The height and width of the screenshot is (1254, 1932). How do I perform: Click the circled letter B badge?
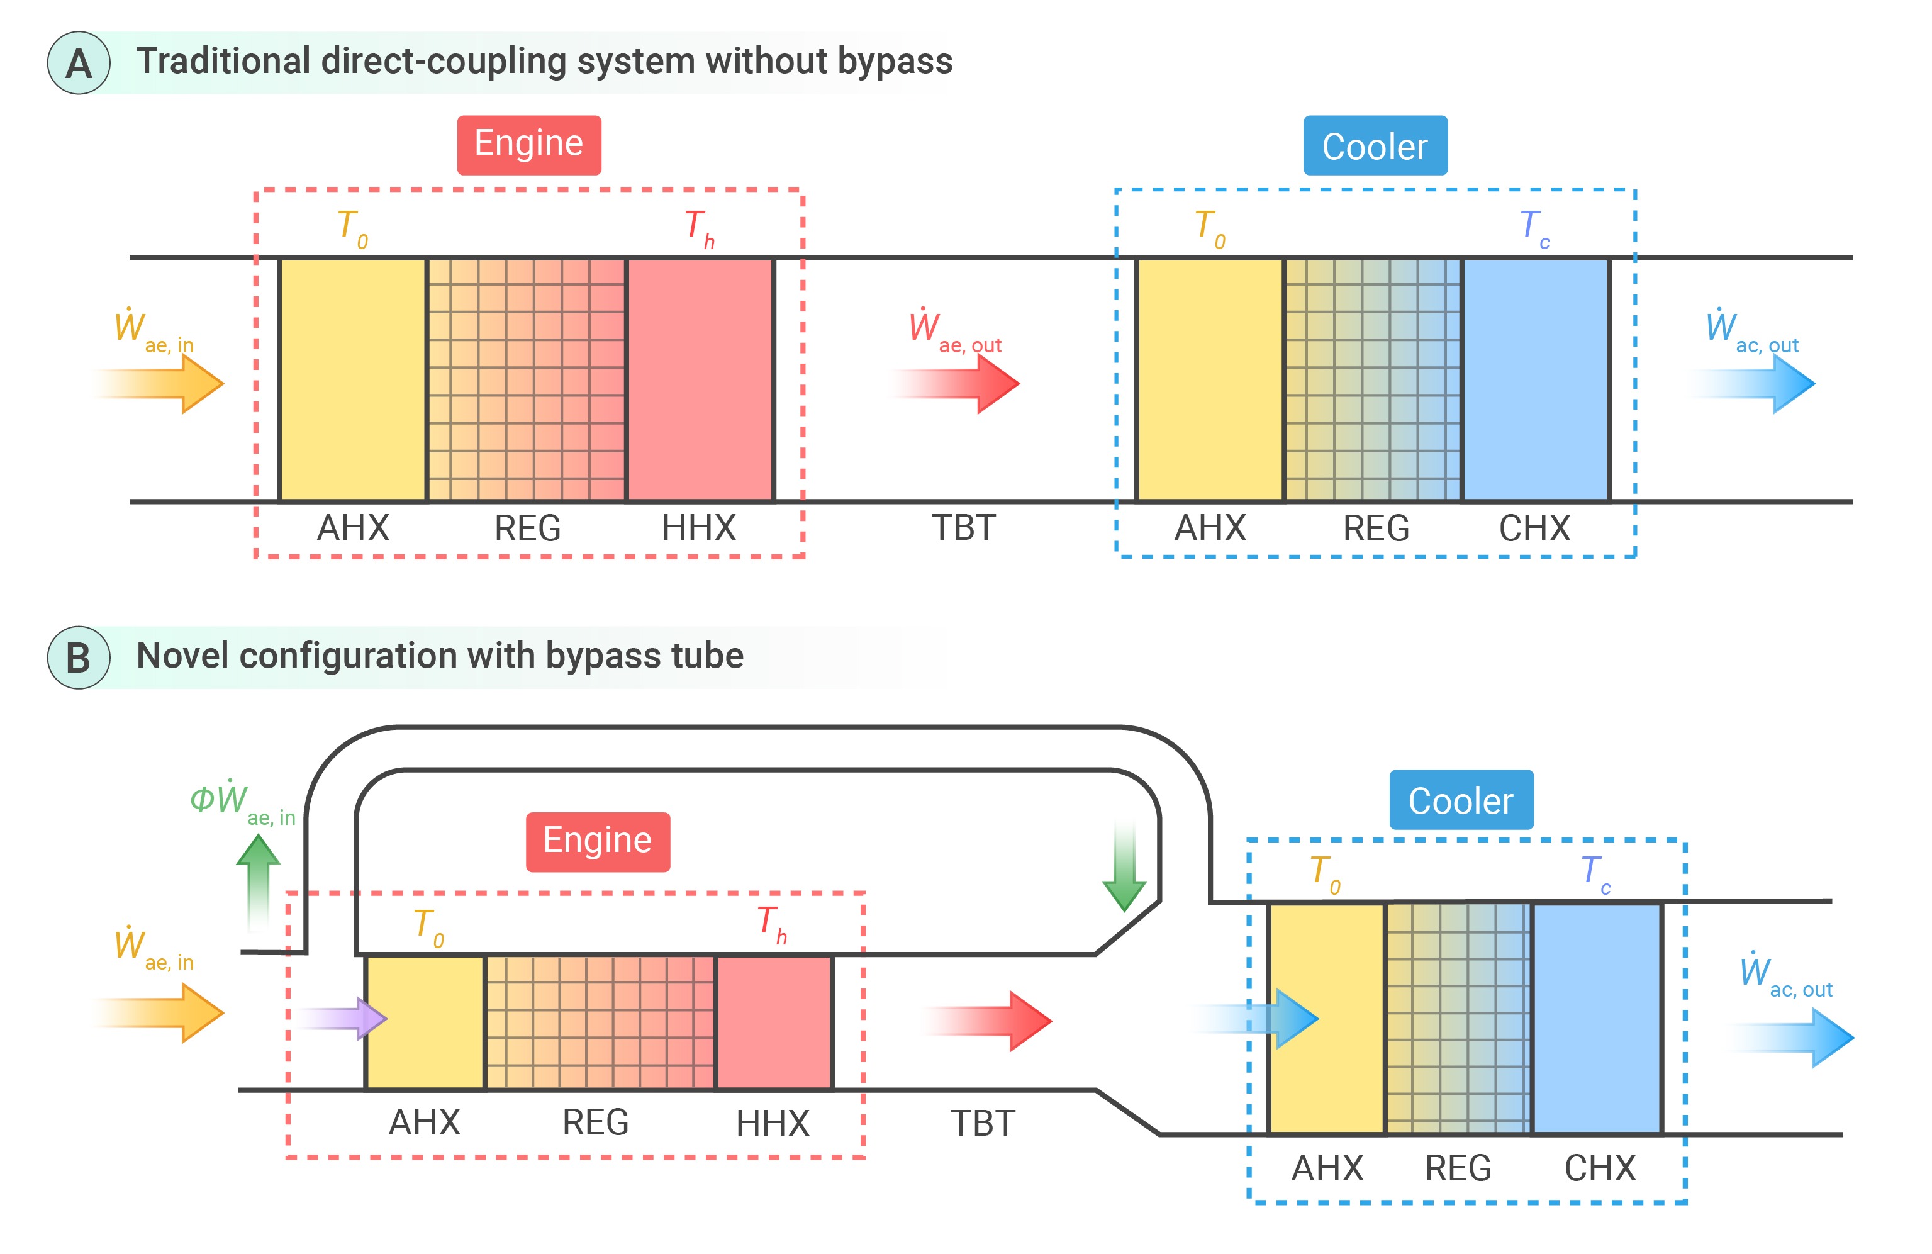(79, 658)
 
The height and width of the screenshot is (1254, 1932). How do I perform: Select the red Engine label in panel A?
(528, 145)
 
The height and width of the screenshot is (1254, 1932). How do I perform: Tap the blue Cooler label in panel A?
(1375, 146)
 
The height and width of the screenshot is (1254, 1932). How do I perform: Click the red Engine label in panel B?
(598, 841)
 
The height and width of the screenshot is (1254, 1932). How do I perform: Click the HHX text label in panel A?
(698, 529)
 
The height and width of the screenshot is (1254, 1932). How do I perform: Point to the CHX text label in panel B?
(1599, 1168)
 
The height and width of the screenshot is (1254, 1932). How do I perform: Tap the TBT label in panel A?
(963, 529)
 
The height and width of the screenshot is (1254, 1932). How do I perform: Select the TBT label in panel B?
(982, 1123)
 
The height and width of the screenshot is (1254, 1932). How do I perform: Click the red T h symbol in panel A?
(699, 227)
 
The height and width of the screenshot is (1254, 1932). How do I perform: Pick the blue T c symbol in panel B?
(1595, 873)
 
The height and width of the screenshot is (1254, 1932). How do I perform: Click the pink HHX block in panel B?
(774, 1022)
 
